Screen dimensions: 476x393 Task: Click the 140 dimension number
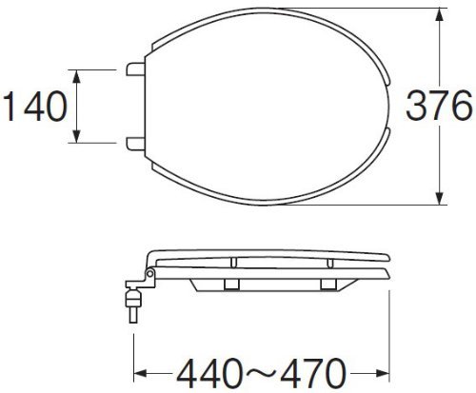click(35, 107)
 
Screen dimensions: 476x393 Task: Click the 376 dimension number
click(439, 105)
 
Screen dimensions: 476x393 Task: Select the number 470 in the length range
click(312, 373)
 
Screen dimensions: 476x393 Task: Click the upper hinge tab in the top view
click(136, 69)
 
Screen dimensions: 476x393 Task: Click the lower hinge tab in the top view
click(136, 144)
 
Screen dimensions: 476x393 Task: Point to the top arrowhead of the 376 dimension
click(439, 14)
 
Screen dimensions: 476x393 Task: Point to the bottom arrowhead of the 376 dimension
click(439, 198)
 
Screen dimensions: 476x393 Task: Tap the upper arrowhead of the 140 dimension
click(76, 76)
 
